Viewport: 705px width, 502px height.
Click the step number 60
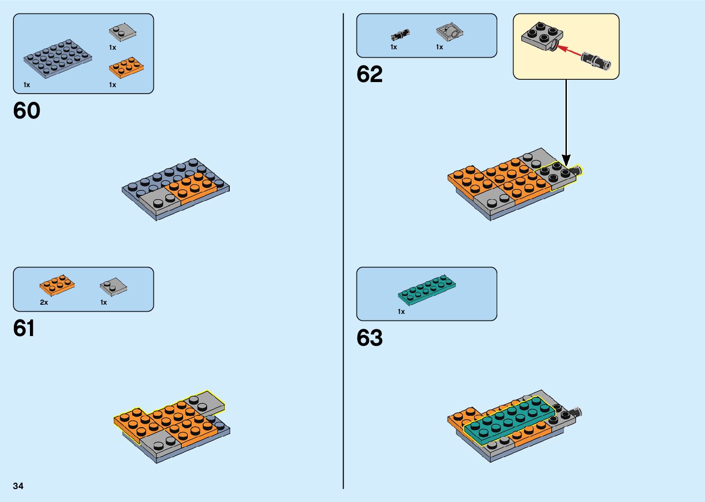(x=27, y=111)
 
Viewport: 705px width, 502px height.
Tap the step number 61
(x=24, y=329)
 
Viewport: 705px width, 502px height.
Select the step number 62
(x=369, y=74)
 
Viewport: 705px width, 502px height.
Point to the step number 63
(x=369, y=338)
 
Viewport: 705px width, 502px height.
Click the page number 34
(x=18, y=486)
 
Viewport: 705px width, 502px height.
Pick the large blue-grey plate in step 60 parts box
(x=58, y=59)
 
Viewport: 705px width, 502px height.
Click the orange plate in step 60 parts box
(x=126, y=68)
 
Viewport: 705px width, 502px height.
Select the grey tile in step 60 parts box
(x=122, y=32)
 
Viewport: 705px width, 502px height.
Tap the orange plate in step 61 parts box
(x=57, y=285)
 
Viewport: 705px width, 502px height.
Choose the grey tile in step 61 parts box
(x=113, y=287)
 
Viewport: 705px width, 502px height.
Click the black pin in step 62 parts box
(x=400, y=34)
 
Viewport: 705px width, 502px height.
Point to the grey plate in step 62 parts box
(x=449, y=32)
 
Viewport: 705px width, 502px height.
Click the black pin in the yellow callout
(x=595, y=61)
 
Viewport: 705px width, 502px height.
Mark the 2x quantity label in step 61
(x=44, y=302)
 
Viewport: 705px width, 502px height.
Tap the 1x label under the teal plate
(x=401, y=312)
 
